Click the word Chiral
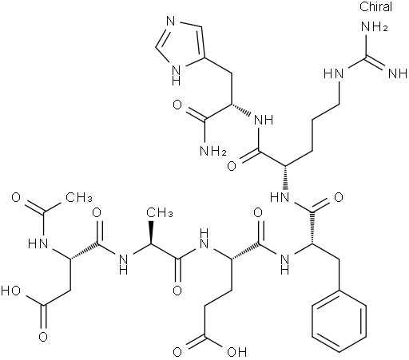[x=375, y=6]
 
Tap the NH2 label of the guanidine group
[x=374, y=27]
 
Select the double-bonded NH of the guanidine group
[x=398, y=73]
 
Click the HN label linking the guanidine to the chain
[x=334, y=73]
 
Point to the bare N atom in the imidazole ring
[x=171, y=21]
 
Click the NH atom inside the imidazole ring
[x=177, y=75]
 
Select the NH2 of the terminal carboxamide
[x=213, y=151]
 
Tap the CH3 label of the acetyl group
[x=79, y=197]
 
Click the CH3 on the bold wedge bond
[x=160, y=213]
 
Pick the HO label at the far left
[x=10, y=291]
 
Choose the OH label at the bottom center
[x=236, y=352]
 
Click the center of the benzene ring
[x=339, y=322]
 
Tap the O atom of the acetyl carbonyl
[x=16, y=197]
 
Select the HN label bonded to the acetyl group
[x=38, y=243]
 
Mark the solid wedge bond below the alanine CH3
[x=151, y=232]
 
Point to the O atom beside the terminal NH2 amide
[x=177, y=105]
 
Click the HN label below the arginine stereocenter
[x=280, y=197]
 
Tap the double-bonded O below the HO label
[x=43, y=337]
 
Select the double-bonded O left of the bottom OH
[x=177, y=352]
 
